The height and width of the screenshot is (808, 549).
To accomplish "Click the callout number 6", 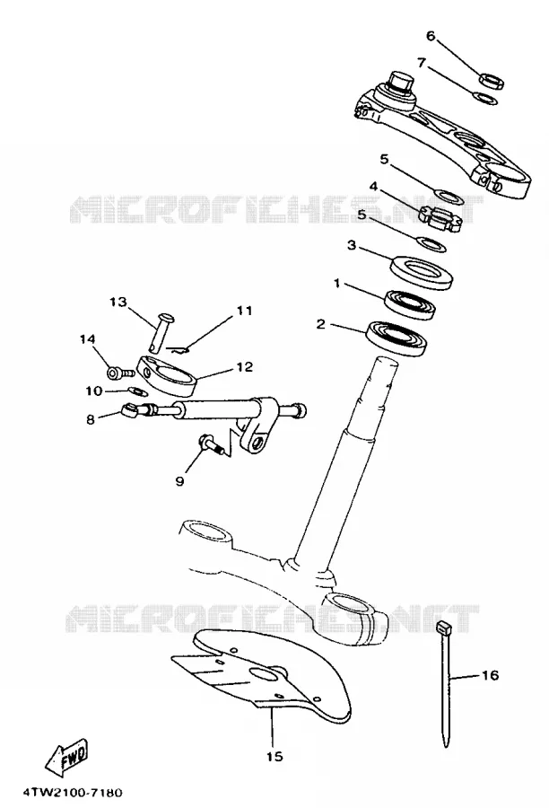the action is [431, 36].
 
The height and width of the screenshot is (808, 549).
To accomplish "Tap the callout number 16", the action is [491, 675].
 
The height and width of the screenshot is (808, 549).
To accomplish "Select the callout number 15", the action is [274, 757].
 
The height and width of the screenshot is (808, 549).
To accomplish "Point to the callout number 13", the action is [118, 302].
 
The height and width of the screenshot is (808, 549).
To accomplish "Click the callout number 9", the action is [179, 481].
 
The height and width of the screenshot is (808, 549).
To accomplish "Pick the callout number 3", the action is [352, 245].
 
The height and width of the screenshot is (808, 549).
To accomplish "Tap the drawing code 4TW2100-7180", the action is [73, 792].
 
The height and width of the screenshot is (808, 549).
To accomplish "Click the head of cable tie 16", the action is [443, 628].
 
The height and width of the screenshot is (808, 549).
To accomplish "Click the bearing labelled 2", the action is [396, 338].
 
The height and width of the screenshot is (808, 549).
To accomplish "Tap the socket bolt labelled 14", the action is [120, 372].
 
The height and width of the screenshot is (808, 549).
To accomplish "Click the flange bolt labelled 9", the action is [212, 444].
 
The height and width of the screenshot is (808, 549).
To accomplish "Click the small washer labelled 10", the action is [137, 391].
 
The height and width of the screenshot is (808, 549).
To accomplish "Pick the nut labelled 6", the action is [492, 81].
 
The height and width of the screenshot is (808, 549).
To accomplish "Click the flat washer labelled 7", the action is [485, 97].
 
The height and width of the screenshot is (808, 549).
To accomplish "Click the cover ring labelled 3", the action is [422, 273].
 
